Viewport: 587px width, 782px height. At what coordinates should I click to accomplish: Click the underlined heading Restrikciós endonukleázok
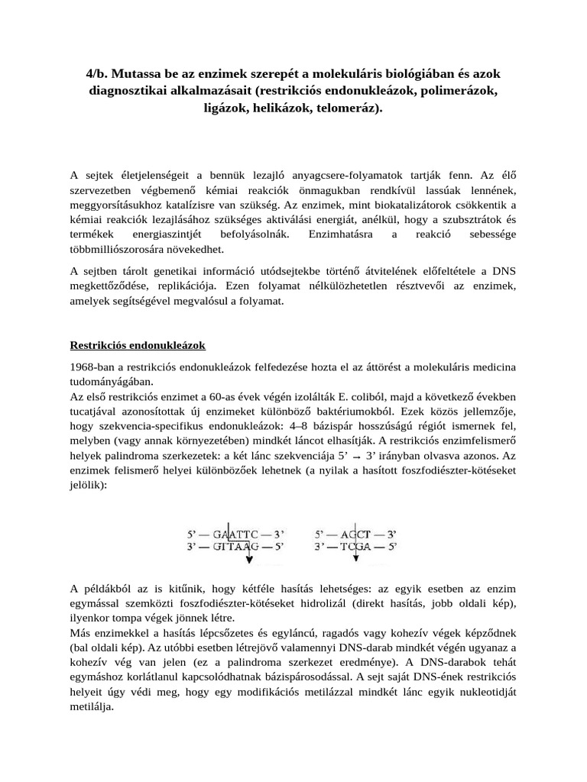click(138, 345)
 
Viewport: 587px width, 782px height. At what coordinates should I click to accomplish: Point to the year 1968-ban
click(93, 367)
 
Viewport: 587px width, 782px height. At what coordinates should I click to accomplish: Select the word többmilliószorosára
click(118, 249)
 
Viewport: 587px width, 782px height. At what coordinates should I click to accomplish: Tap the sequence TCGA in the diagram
click(355, 547)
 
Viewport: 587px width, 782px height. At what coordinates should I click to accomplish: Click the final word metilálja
click(92, 706)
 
